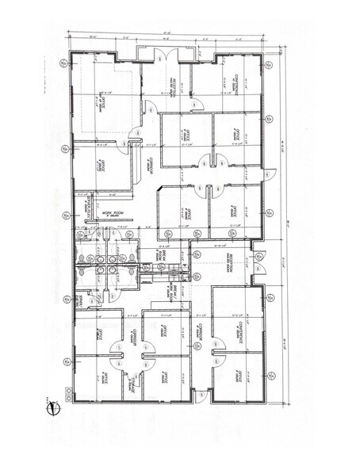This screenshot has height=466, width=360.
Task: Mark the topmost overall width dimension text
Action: (166, 32)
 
